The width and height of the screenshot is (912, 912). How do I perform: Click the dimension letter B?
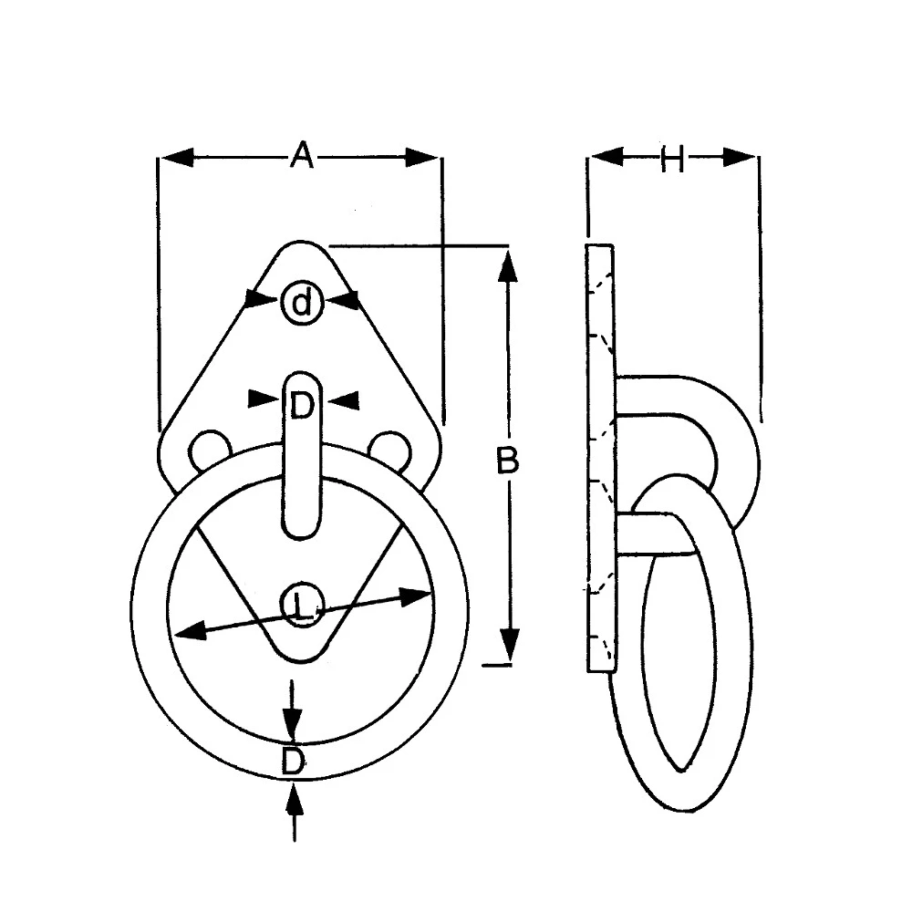(x=507, y=461)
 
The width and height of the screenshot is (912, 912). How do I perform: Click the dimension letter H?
(x=672, y=160)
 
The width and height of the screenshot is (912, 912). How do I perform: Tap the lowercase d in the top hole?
(x=302, y=302)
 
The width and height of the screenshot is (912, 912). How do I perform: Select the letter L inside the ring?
(x=304, y=606)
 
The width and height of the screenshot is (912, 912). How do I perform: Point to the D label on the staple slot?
(x=302, y=407)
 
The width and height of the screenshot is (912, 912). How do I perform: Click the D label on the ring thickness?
(x=292, y=761)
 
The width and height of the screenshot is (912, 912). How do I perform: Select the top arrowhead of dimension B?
(x=509, y=264)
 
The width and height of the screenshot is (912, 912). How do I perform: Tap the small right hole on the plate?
(x=389, y=447)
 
